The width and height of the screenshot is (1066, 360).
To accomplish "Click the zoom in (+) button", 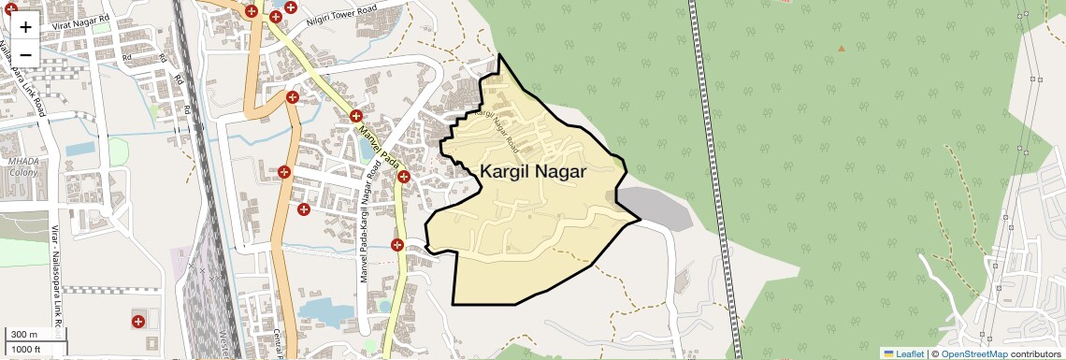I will pos(25,26).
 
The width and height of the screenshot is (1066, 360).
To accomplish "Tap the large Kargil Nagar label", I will pos(533,172).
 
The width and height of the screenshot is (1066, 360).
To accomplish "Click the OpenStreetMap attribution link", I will pos(973,353).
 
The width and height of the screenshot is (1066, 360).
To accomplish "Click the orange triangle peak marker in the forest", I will pos(841,48).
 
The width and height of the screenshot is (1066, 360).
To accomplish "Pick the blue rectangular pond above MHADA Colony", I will pos(79,148).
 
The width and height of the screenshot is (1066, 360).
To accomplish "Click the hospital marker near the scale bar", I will pos(138,322).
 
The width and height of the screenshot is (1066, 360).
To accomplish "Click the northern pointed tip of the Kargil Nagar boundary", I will pos(499,55).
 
